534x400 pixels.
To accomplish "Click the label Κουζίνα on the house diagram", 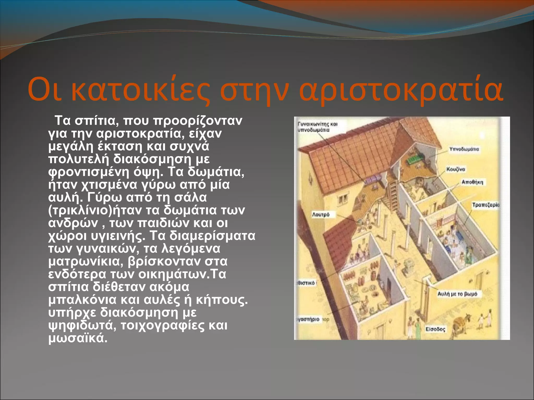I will point(456,169).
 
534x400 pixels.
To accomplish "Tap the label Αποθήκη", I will point(472,182).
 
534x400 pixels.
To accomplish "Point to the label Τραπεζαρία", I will point(486,205).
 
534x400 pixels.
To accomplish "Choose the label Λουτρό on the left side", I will point(321,215).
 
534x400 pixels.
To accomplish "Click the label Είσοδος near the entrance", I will point(435,329).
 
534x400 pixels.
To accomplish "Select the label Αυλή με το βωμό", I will point(457,294).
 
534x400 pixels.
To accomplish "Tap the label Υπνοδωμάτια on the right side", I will point(464,149).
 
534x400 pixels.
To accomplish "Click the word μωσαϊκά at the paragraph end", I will point(78,338).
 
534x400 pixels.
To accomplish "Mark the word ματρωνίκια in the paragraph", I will point(86,261).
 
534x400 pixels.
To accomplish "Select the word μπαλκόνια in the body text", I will point(82,300).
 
